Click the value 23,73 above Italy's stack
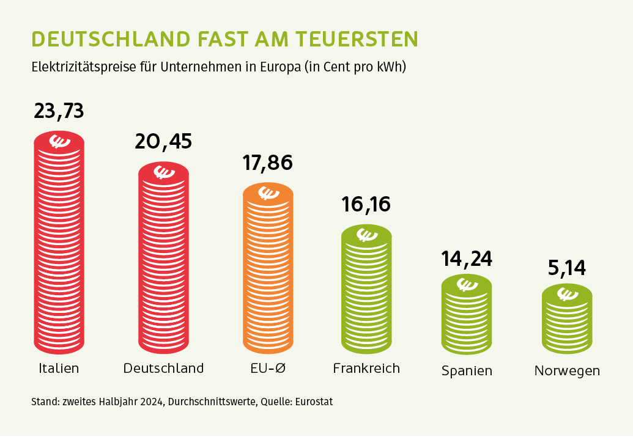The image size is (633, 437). pyautogui.click(x=59, y=111)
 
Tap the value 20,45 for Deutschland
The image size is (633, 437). pyautogui.click(x=163, y=141)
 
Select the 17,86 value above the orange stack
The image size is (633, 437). pyautogui.click(x=268, y=163)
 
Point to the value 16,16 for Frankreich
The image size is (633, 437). pyautogui.click(x=366, y=204)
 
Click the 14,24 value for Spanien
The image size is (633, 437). pyautogui.click(x=467, y=259)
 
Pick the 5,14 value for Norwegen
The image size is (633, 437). pyautogui.click(x=567, y=268)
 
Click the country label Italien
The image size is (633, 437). pyautogui.click(x=59, y=368)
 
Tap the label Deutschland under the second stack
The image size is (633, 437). pyautogui.click(x=163, y=368)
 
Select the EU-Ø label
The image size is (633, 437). pyautogui.click(x=268, y=368)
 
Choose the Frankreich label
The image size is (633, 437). pyautogui.click(x=366, y=368)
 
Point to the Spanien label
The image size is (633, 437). pyautogui.click(x=467, y=371)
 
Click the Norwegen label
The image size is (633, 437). pyautogui.click(x=567, y=371)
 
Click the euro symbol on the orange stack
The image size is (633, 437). pyautogui.click(x=268, y=193)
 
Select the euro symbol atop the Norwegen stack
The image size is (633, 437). pyautogui.click(x=567, y=294)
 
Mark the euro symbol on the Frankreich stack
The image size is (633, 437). pyautogui.click(x=367, y=234)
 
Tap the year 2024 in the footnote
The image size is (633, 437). pyautogui.click(x=152, y=402)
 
